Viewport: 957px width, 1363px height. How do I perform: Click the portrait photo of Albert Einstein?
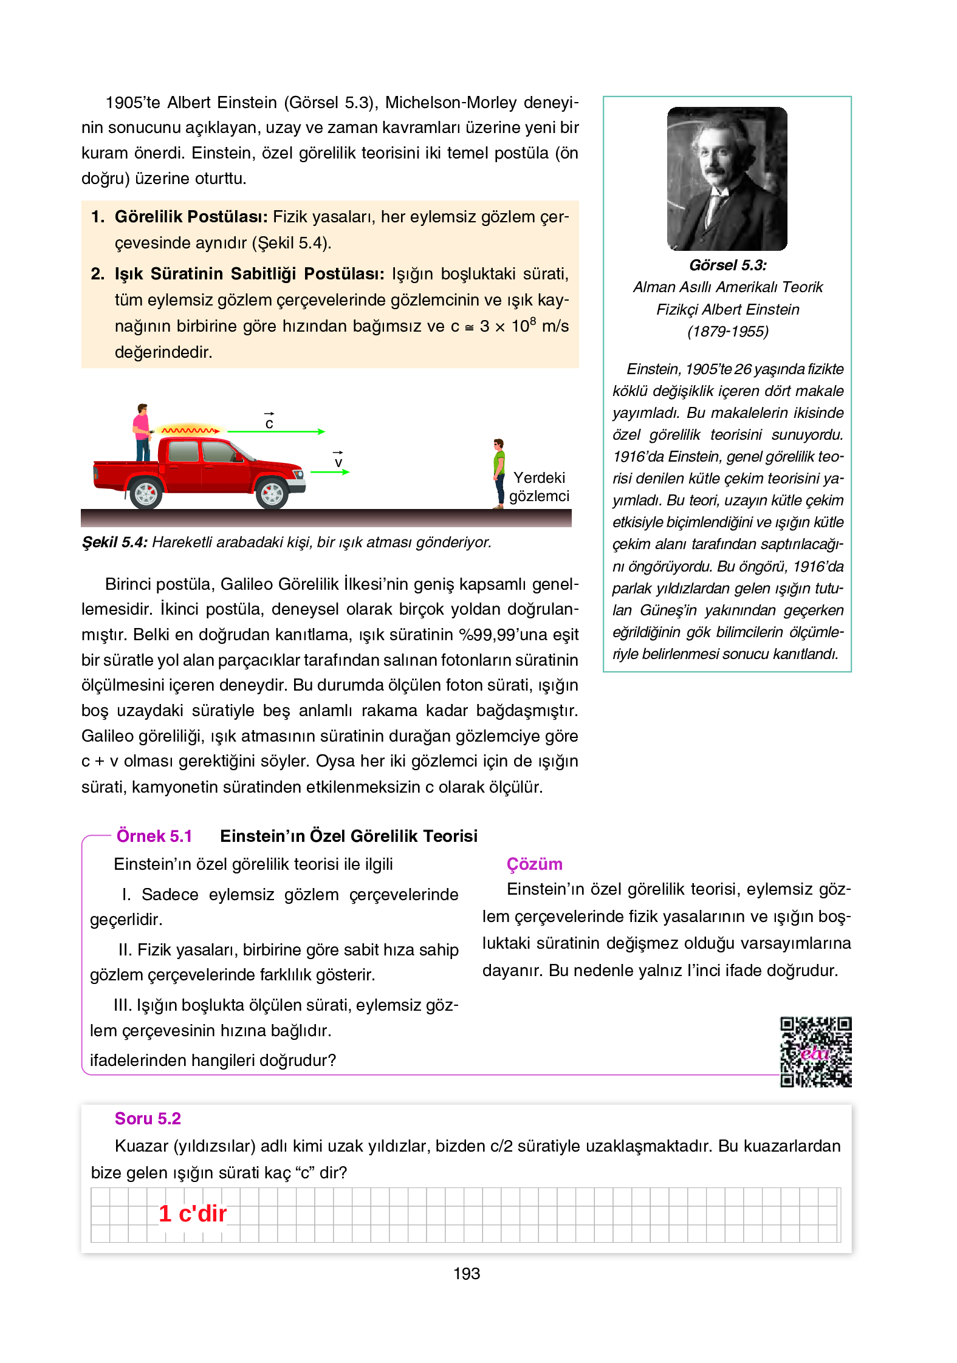coord(727,179)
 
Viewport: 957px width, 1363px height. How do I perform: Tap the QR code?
coord(815,1051)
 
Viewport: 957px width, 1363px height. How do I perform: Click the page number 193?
coord(466,1274)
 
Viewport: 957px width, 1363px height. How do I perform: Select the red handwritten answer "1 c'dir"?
coord(193,1214)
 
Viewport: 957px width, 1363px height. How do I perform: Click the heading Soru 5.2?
coord(148,1118)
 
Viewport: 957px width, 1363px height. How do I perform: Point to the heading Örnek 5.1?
coord(154,836)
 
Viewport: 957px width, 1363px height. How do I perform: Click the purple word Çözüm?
coord(534,864)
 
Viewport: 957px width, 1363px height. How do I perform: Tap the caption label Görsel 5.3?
coord(727,265)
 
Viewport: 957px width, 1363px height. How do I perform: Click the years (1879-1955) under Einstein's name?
coord(727,332)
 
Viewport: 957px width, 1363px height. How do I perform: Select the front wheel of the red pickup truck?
coord(272,493)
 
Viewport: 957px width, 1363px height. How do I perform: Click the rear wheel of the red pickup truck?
coord(146,493)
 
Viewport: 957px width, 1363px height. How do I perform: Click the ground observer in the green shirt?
coord(499,473)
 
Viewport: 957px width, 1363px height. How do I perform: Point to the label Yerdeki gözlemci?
coord(539,487)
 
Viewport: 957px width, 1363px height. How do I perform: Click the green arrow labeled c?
coord(276,431)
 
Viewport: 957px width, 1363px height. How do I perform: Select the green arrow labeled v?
coord(330,472)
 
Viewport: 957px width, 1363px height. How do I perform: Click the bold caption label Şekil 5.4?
coord(114,542)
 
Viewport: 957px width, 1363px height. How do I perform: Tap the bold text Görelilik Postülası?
coord(191,217)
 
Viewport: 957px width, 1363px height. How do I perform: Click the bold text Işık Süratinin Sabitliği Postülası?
coord(249,274)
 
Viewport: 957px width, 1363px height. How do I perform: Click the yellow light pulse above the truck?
coord(190,430)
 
